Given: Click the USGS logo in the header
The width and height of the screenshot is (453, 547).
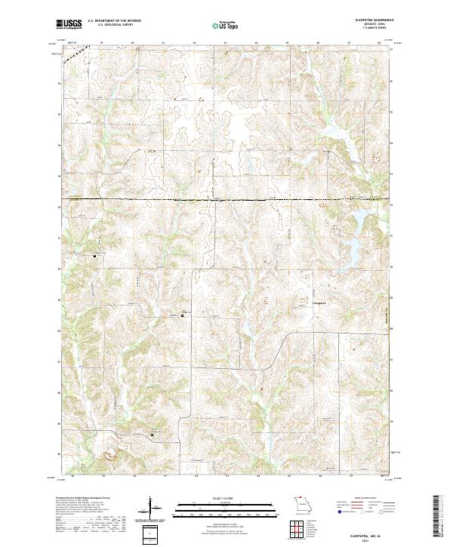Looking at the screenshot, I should tap(69, 24).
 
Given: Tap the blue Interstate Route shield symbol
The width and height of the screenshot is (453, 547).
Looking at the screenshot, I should tap(335, 521).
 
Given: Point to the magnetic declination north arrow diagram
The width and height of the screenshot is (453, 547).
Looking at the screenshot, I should tap(151, 507).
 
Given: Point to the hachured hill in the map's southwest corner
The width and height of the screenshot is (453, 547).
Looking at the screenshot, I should tap(111, 455).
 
